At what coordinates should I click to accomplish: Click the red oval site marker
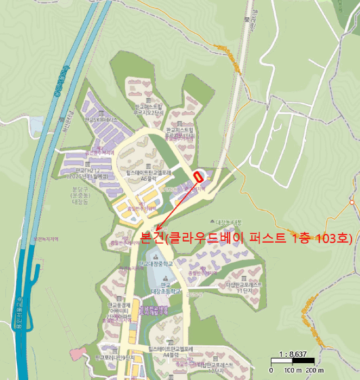198,176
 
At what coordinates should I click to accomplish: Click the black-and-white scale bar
293,361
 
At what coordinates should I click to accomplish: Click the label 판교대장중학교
156,264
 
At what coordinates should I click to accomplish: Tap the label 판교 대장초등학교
161,288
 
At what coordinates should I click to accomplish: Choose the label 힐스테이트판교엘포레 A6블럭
148,175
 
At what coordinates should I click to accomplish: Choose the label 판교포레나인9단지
115,358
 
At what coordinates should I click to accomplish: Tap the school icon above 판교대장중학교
156,256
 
